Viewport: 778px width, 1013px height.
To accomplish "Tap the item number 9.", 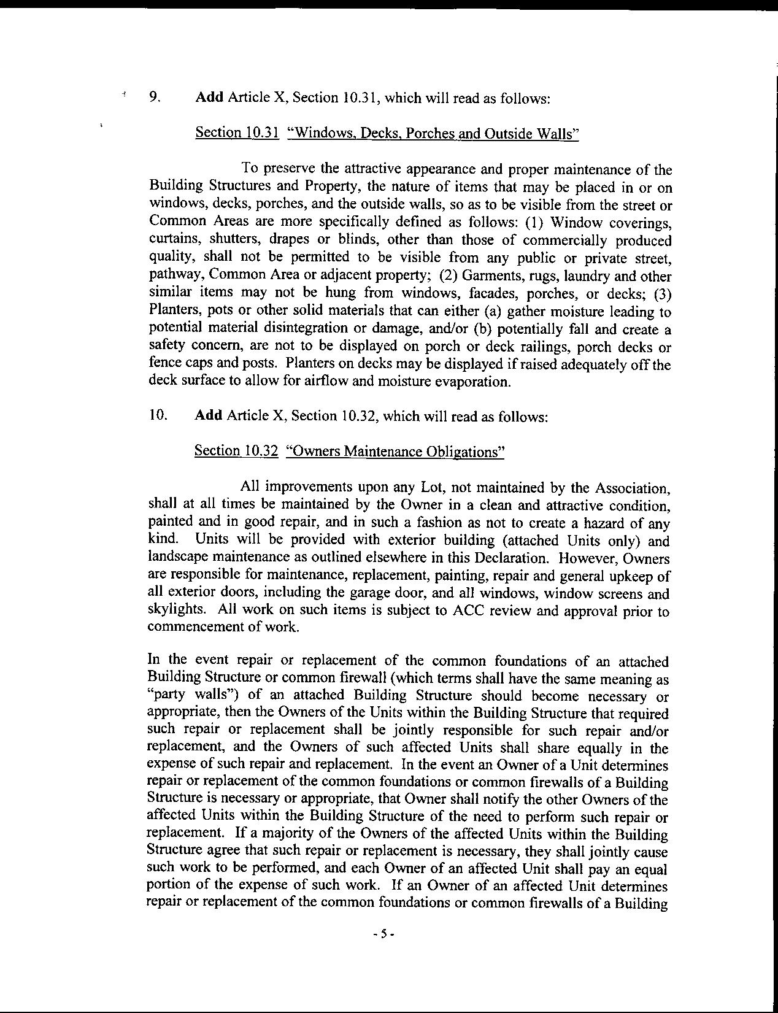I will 155,97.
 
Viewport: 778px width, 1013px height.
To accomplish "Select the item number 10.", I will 157,415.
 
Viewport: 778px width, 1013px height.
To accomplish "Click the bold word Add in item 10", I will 208,415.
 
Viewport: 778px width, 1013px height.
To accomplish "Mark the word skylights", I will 175,610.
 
